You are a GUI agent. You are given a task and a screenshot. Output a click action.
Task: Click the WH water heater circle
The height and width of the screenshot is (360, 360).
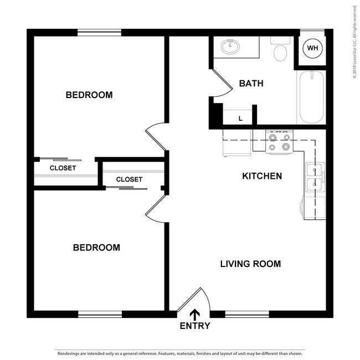(313, 48)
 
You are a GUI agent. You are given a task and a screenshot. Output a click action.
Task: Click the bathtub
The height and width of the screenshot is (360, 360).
(311, 98)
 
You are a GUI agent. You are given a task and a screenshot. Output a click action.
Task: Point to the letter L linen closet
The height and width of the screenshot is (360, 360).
(240, 118)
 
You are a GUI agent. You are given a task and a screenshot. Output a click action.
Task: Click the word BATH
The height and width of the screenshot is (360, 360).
(251, 84)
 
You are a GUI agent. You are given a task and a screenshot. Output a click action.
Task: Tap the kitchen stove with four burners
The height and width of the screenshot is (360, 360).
(279, 141)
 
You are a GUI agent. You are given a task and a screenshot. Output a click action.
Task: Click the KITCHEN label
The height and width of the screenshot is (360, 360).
(263, 176)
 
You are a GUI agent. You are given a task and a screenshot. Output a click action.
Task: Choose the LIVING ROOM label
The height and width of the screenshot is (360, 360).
(250, 264)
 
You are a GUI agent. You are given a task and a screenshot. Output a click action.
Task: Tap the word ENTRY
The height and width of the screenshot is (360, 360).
(195, 326)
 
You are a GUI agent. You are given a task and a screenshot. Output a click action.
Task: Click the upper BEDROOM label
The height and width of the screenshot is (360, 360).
(89, 95)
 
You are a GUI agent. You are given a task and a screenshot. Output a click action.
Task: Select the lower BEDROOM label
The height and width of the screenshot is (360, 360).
(96, 247)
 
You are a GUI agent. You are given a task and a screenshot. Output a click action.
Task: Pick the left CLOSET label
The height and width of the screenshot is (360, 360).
(63, 168)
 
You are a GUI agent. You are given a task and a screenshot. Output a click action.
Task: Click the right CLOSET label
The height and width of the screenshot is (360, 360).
(129, 179)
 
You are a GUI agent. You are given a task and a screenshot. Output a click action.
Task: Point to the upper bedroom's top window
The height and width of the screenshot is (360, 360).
(100, 33)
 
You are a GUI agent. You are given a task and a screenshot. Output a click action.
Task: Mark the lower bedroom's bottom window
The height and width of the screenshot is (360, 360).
(100, 314)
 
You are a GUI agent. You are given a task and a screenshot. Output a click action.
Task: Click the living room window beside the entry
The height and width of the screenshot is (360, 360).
(247, 314)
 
